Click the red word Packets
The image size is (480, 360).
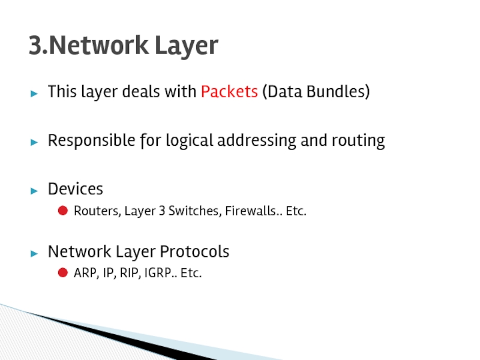click(229, 92)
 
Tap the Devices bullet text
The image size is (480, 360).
click(76, 189)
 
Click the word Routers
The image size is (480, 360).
click(97, 211)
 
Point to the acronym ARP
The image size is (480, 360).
click(85, 274)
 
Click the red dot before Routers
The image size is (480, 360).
click(62, 211)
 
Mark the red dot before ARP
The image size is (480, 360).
click(62, 274)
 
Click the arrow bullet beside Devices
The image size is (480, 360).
click(35, 190)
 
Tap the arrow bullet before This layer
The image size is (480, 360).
click(35, 93)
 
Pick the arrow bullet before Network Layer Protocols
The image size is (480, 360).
click(35, 252)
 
